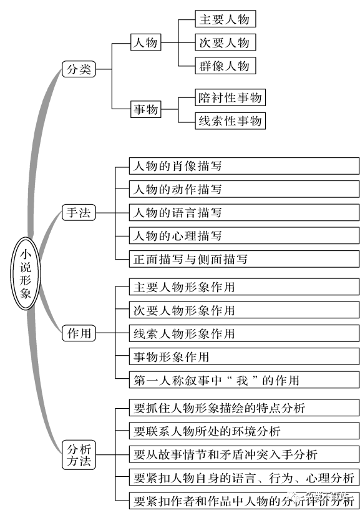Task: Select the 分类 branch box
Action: tap(79, 69)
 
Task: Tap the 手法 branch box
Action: tap(79, 213)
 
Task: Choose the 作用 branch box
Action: tap(79, 334)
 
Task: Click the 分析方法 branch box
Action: tap(79, 454)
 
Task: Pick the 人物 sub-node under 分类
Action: tap(145, 43)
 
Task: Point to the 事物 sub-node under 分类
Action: tap(145, 109)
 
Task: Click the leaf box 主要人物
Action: tap(224, 19)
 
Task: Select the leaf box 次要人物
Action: tap(224, 42)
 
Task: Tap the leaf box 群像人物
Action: tap(224, 66)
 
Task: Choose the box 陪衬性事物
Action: tap(230, 97)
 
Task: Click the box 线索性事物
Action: tap(230, 120)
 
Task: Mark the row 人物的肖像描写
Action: tap(244, 166)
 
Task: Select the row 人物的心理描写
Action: tap(244, 236)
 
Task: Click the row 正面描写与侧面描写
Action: tap(244, 259)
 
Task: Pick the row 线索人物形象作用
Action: tap(244, 333)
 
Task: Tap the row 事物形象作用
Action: tap(244, 357)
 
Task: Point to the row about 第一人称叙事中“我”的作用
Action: tap(244, 380)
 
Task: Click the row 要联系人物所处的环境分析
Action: tap(244, 431)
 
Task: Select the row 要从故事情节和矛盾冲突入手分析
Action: tap(244, 454)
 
